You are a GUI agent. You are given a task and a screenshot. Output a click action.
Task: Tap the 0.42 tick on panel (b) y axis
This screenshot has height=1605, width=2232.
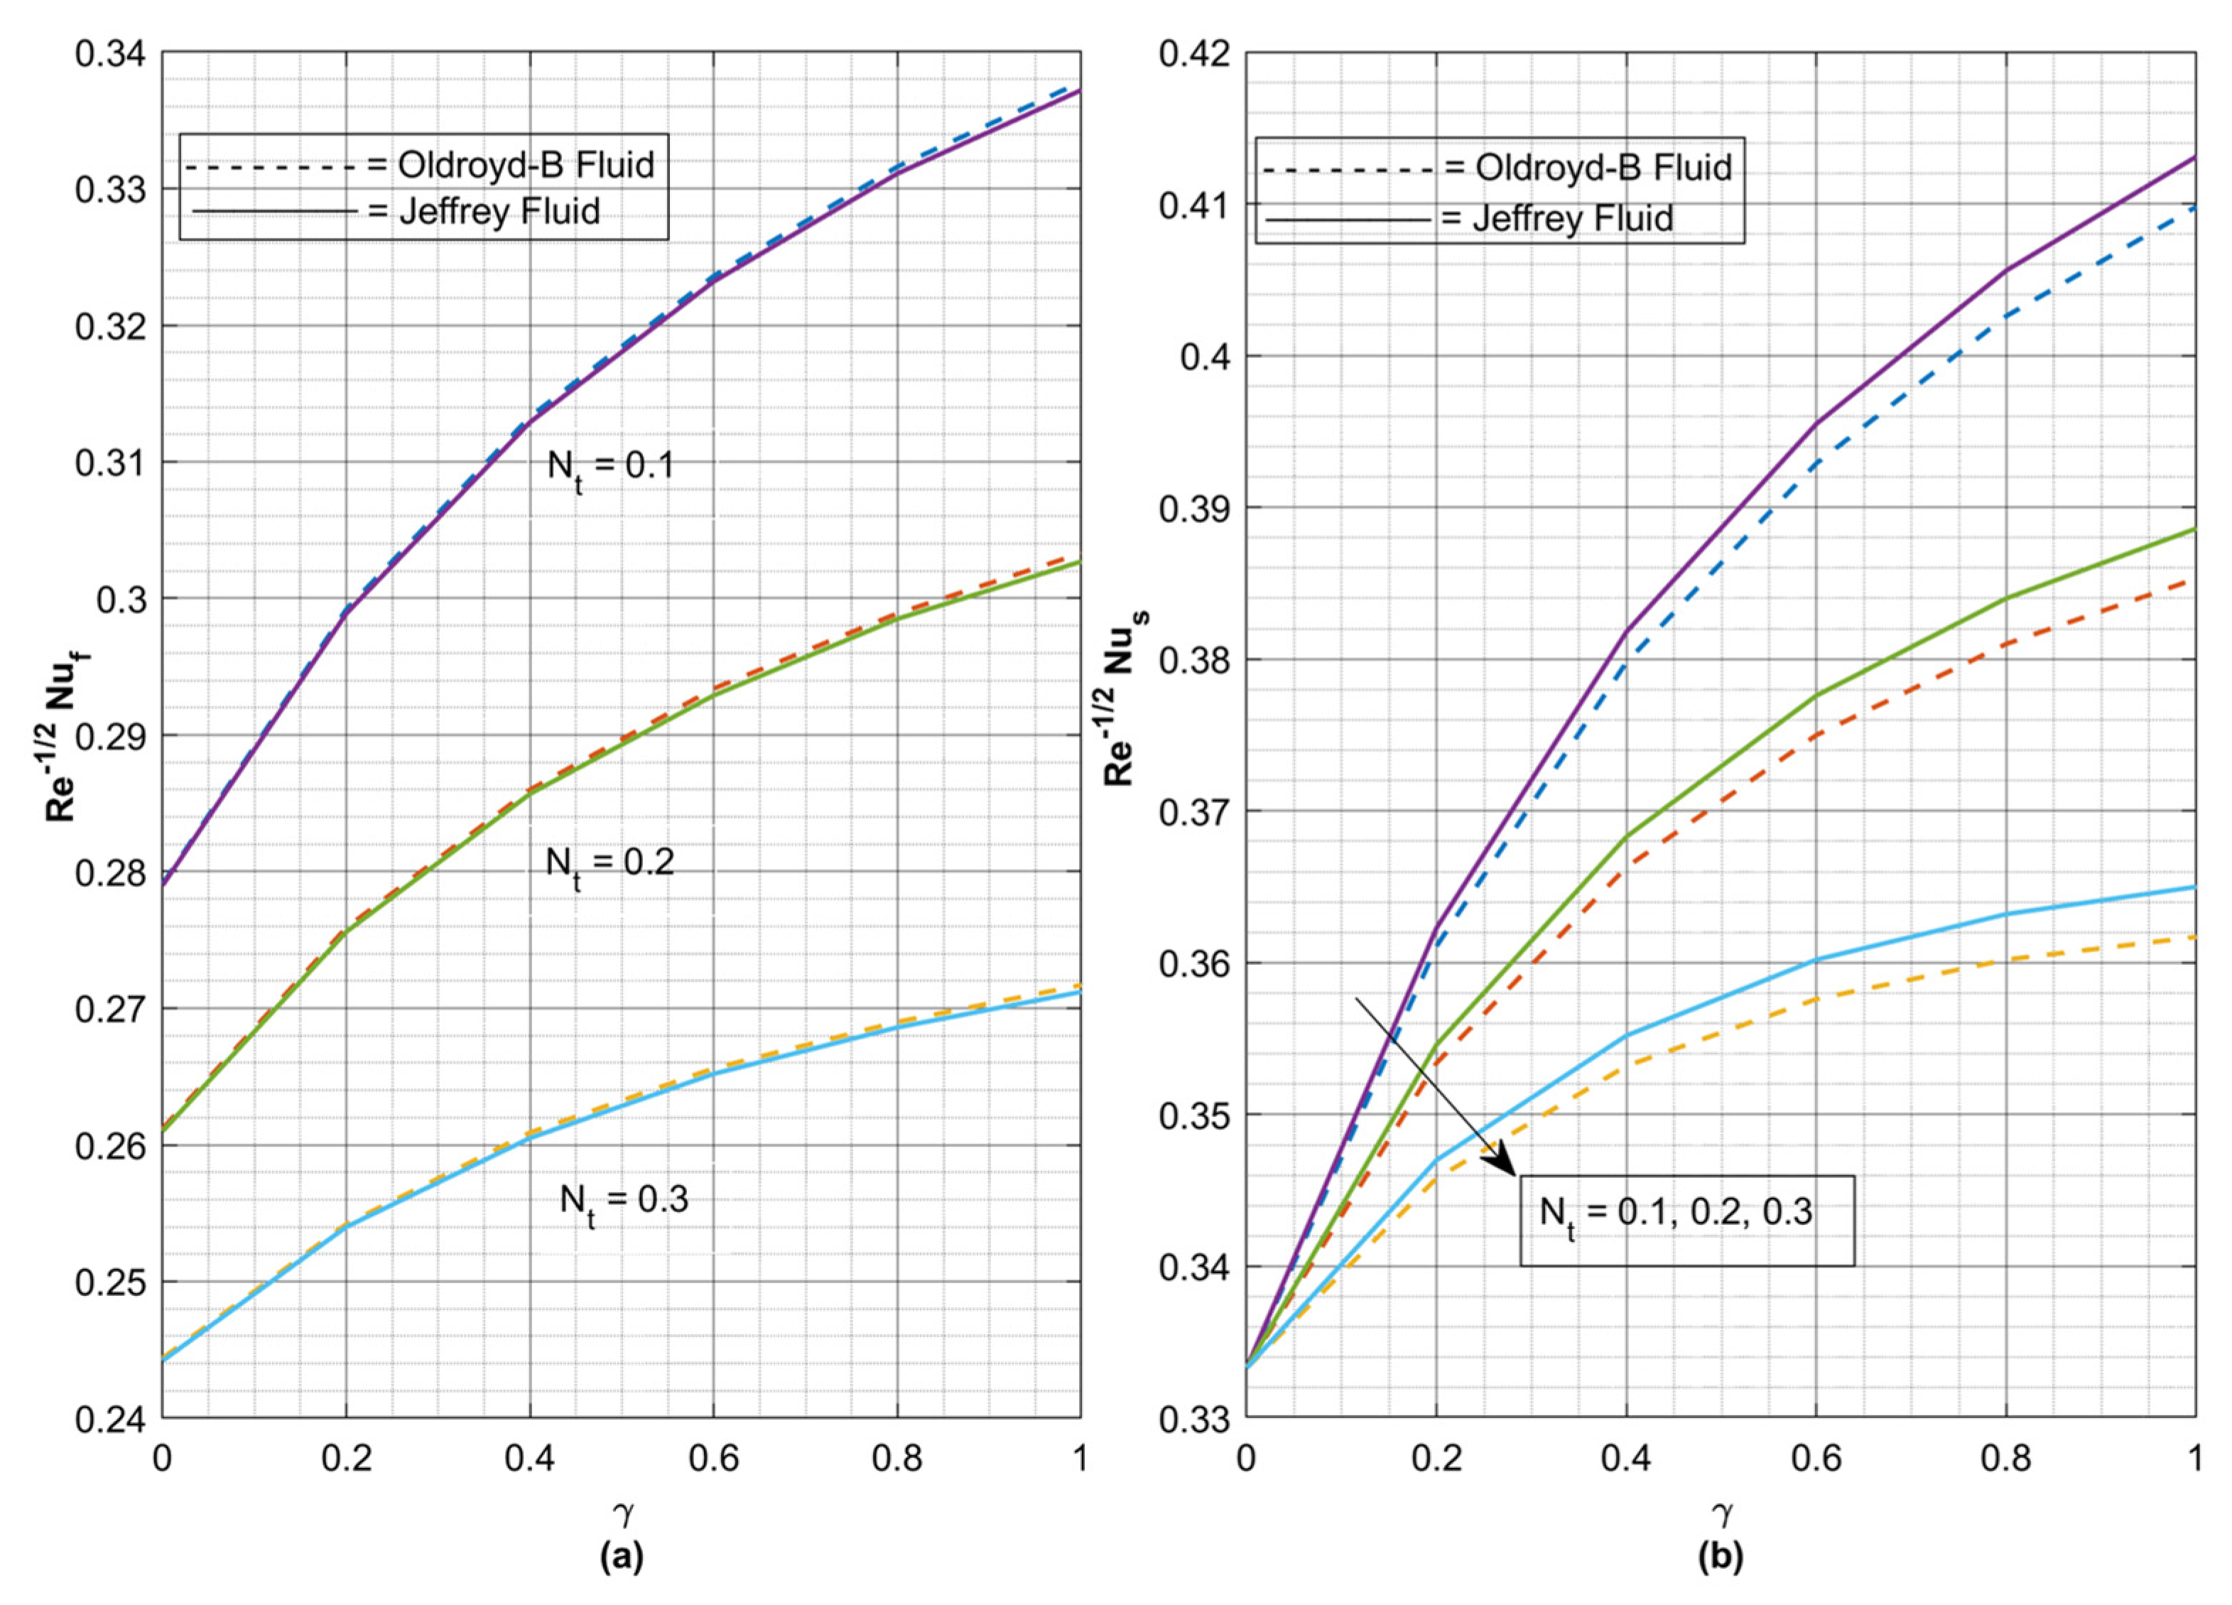[1193, 53]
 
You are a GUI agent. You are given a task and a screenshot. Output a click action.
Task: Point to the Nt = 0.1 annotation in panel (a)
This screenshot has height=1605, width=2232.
[610, 468]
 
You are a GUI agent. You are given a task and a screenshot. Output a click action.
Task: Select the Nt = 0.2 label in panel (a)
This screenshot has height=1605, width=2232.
[610, 865]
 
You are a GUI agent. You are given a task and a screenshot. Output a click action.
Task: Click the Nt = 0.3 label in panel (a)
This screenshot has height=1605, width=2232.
[624, 1201]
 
